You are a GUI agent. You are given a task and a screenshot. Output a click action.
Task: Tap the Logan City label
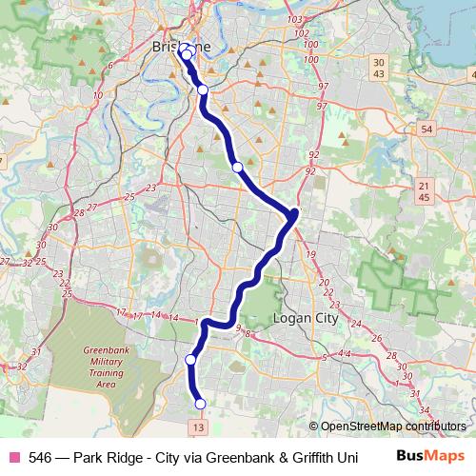306,319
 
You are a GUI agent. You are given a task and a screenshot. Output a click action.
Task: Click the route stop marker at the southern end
200,404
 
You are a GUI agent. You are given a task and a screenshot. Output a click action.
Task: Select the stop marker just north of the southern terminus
190,360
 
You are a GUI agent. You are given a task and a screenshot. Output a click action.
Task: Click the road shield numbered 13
197,428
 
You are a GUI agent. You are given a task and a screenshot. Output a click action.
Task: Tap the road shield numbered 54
426,129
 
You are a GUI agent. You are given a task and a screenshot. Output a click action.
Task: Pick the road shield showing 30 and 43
379,68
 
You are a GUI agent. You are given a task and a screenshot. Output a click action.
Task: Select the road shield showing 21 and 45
425,190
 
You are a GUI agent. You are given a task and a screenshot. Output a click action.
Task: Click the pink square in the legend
13,456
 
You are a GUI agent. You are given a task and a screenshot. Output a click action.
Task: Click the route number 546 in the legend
40,456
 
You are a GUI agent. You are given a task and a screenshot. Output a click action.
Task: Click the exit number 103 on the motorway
293,20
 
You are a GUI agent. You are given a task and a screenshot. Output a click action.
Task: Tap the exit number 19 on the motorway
311,255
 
